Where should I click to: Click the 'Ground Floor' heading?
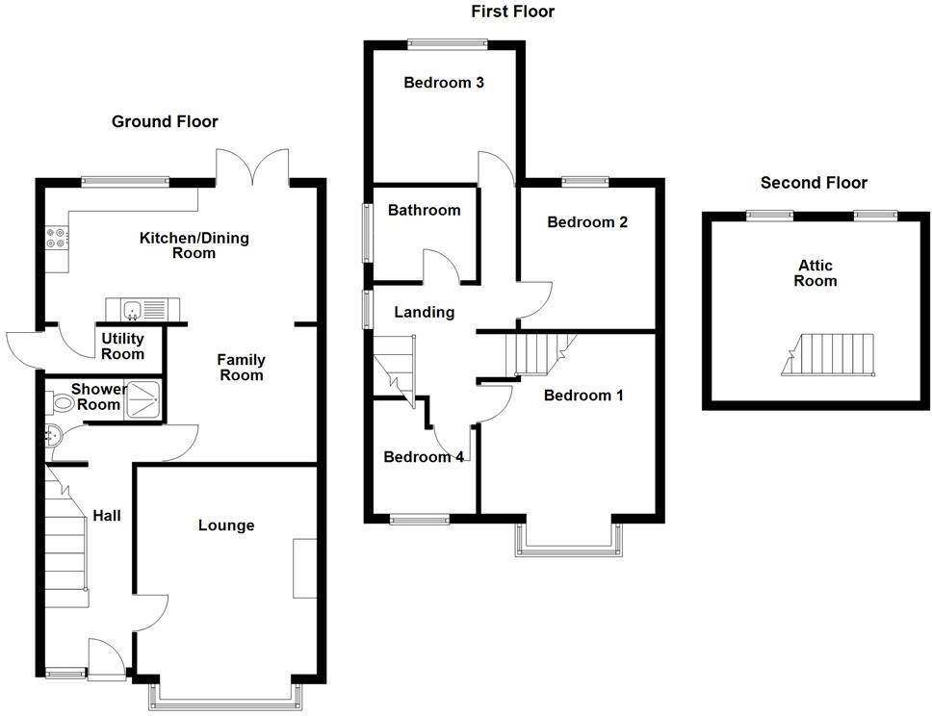(x=165, y=122)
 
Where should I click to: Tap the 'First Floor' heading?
(x=512, y=12)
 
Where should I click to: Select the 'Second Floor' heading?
(x=814, y=183)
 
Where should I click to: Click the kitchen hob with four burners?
(x=56, y=238)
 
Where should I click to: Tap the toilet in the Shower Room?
(x=63, y=403)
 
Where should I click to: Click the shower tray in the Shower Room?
(x=142, y=396)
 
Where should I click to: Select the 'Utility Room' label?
(x=122, y=346)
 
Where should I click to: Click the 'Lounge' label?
(x=226, y=525)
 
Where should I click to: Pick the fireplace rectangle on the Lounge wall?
(x=305, y=569)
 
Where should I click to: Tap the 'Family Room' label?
(x=241, y=368)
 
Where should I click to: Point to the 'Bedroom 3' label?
(x=443, y=83)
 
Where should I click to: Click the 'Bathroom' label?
(x=424, y=210)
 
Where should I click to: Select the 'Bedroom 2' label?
(x=587, y=222)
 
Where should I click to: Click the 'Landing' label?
(x=424, y=312)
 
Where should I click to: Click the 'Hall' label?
(x=107, y=517)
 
